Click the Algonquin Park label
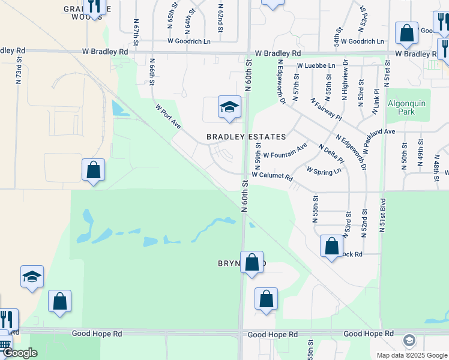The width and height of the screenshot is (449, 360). tap(406, 107)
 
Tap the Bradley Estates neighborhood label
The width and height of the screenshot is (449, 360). tap(246, 137)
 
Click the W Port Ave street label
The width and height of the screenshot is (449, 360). tap(168, 116)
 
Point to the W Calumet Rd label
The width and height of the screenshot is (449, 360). tap(272, 177)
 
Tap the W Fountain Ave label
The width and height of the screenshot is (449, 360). tap(285, 150)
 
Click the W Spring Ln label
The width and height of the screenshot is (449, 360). tap(324, 170)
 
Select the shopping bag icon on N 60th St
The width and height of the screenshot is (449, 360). tap(252, 263)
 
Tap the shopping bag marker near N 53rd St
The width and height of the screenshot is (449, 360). tap(331, 246)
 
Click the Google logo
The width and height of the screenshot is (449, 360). tap(20, 352)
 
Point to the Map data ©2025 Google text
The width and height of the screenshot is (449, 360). tap(411, 355)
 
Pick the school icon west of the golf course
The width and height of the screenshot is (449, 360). tap(32, 277)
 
